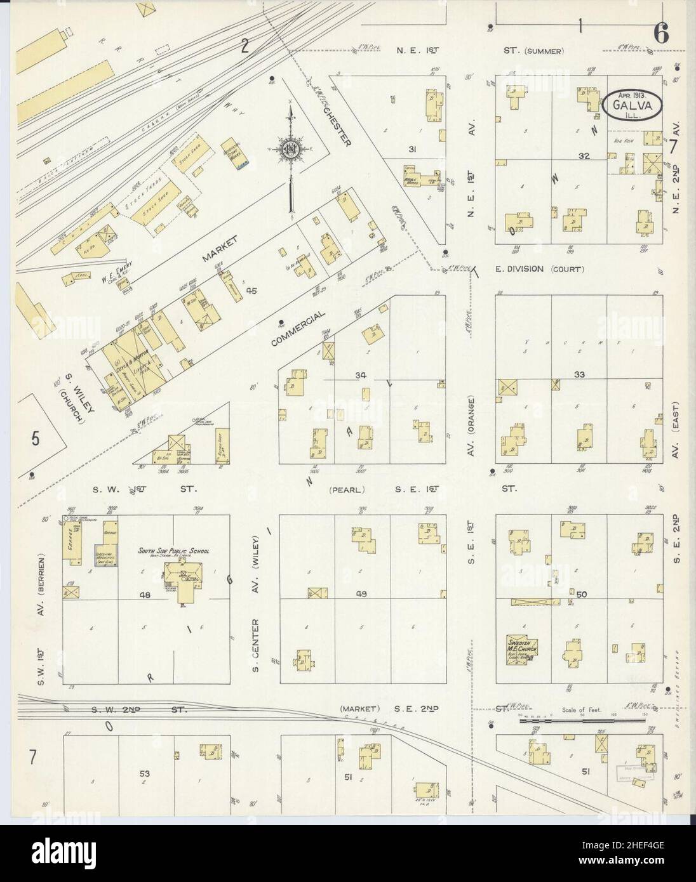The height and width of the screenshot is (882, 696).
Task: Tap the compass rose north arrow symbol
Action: [x=290, y=150]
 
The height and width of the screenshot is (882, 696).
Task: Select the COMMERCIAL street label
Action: [x=297, y=327]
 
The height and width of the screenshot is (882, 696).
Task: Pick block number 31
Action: [x=412, y=149]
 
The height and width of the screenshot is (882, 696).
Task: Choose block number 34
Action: [x=361, y=376]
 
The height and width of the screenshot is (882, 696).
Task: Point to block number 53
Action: [x=146, y=773]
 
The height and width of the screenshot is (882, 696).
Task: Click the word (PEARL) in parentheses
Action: [x=345, y=489]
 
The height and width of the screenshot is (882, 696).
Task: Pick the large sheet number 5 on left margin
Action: [x=36, y=437]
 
